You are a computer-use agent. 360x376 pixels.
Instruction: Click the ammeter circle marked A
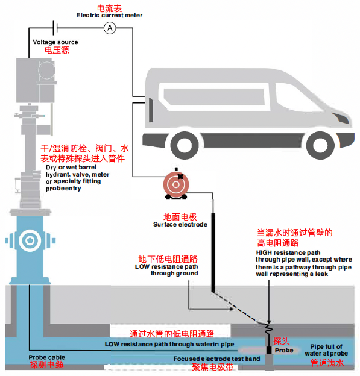click(x=110, y=28)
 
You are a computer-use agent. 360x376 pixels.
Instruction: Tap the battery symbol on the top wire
click(x=55, y=28)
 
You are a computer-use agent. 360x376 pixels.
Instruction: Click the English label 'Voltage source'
click(x=55, y=42)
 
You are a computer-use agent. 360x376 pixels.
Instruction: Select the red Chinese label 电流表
click(x=109, y=8)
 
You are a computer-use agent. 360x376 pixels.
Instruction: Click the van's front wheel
click(x=320, y=145)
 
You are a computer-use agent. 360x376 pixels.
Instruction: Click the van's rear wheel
click(x=185, y=145)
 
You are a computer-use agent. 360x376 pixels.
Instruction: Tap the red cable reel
click(x=176, y=184)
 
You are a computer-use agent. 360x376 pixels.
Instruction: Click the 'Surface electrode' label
click(x=180, y=224)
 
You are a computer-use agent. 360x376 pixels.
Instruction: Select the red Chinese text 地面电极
click(x=180, y=217)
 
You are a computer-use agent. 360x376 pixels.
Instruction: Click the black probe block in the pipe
click(x=269, y=350)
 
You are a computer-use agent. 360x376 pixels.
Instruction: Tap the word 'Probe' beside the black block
click(x=284, y=350)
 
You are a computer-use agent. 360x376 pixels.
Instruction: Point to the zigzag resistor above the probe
click(x=268, y=328)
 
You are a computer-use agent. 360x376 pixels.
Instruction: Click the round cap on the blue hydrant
click(x=30, y=240)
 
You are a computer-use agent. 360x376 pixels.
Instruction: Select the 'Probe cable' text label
click(x=47, y=357)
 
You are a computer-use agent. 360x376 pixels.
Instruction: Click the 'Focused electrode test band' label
click(x=216, y=359)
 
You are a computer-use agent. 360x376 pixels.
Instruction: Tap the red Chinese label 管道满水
click(x=327, y=363)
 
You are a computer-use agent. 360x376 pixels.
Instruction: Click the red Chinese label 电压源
click(x=57, y=50)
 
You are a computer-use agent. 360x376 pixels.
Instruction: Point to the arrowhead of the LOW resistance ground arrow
click(x=231, y=309)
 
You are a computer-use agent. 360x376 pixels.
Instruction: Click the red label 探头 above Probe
click(x=281, y=341)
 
